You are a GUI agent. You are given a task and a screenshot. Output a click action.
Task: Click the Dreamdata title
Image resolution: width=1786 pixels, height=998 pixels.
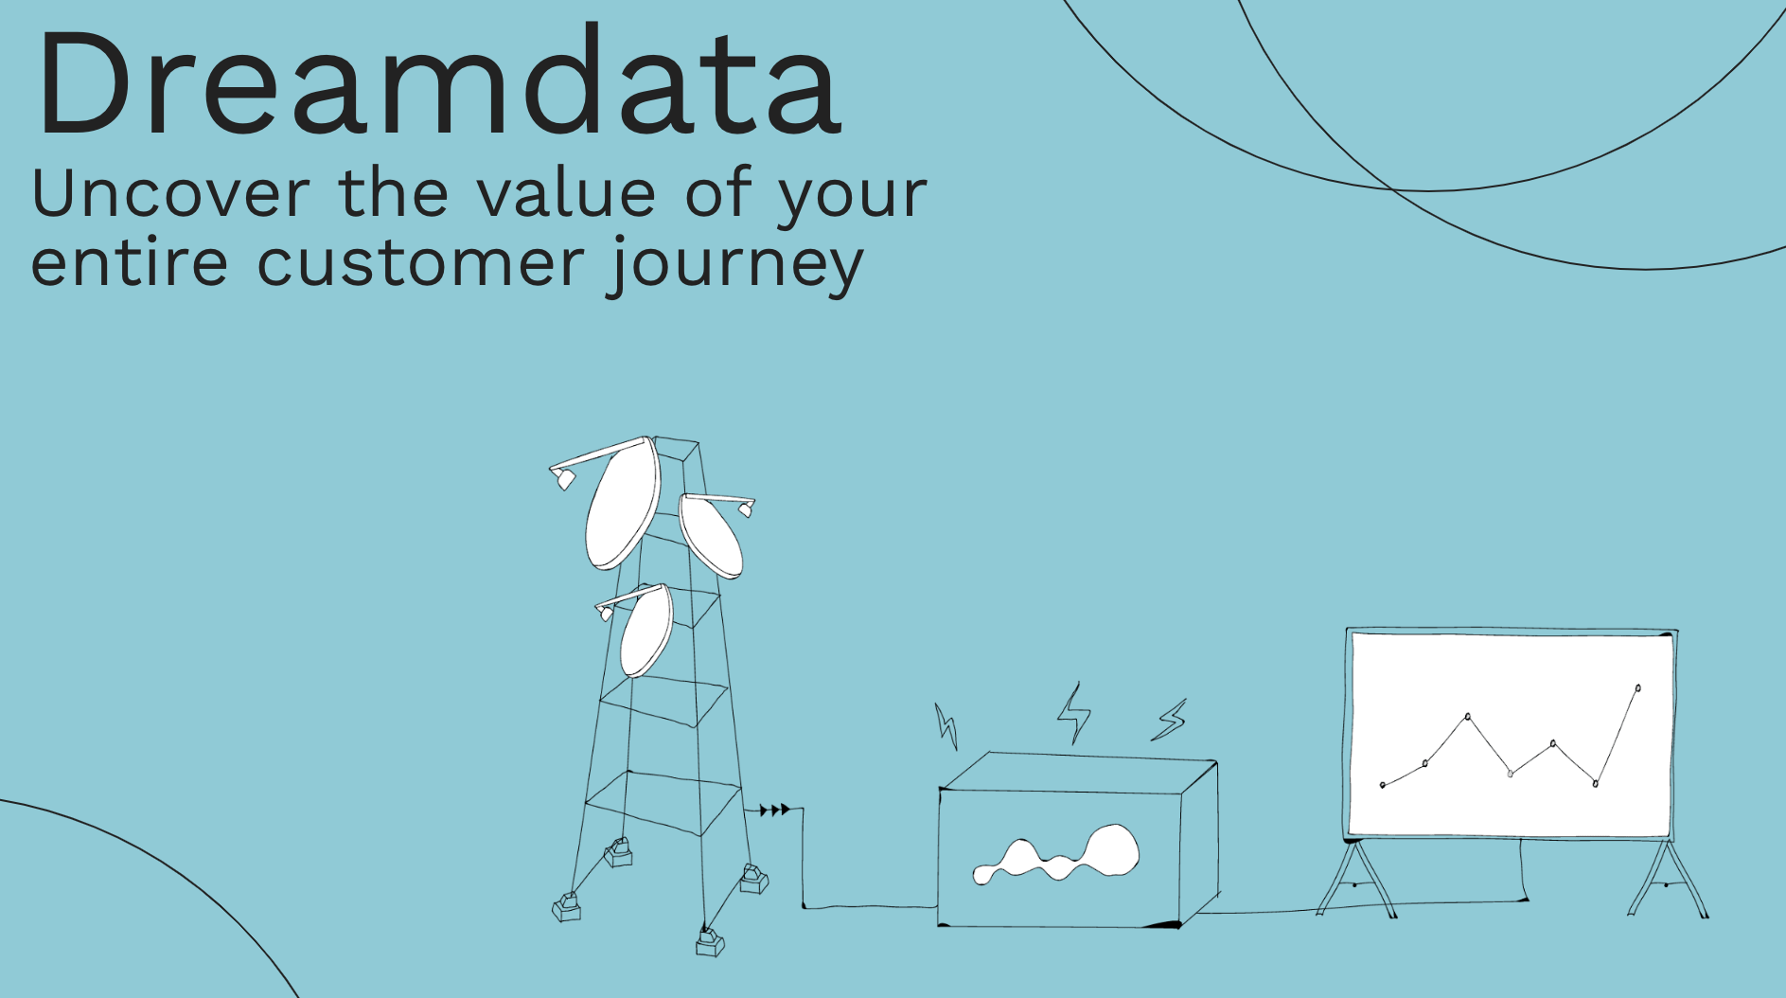pos(437,82)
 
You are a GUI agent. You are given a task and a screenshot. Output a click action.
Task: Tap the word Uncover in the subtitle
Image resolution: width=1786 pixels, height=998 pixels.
pos(171,193)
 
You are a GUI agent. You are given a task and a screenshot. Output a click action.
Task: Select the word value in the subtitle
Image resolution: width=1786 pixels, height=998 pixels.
pos(566,193)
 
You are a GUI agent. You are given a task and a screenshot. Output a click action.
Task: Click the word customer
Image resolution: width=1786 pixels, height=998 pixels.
pos(421,262)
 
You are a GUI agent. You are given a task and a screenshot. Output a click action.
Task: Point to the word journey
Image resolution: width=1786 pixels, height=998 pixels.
pos(736,266)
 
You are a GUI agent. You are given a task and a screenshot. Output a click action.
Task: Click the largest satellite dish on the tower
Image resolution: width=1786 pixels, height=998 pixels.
pos(622,504)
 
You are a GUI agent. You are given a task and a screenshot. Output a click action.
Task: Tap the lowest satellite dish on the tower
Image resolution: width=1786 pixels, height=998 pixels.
pos(646,631)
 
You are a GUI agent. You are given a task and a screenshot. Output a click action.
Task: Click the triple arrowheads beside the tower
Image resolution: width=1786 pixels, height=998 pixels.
pos(774,810)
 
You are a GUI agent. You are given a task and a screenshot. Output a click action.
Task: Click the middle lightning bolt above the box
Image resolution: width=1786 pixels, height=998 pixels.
pos(1073,713)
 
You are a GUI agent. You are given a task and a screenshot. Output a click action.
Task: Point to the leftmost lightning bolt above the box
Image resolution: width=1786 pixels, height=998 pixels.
pos(946,726)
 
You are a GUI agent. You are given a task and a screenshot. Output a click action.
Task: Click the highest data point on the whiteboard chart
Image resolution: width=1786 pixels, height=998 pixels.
pos(1637,688)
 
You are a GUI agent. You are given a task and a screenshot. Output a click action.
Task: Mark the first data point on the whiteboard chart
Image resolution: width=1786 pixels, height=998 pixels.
pos(1383,785)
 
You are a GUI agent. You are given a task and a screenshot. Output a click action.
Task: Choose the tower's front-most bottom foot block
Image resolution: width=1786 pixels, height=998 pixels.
pos(710,942)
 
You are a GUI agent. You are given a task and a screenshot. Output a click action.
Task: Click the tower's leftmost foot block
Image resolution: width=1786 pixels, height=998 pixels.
pos(567,908)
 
